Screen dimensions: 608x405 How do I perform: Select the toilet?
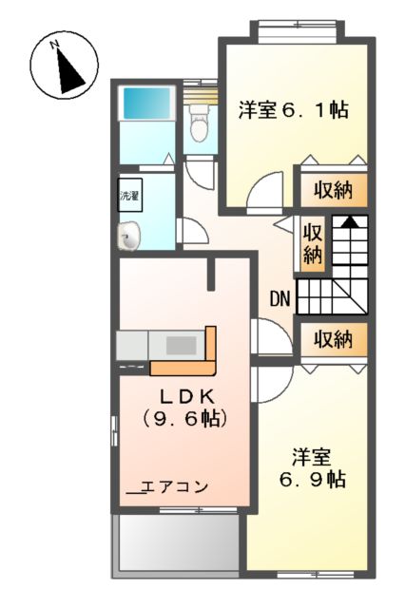(x=198, y=123)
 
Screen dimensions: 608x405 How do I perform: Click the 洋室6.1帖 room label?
(x=292, y=111)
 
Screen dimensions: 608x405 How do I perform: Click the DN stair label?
(x=279, y=300)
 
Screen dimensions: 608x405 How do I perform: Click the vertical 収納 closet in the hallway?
(x=313, y=242)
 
